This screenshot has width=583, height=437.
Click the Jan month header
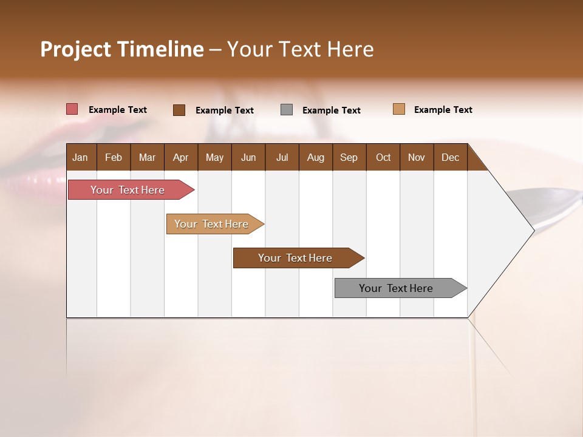80,157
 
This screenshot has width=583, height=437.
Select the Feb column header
114,157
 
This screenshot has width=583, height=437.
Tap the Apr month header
180,157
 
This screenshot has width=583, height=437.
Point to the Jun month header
248,157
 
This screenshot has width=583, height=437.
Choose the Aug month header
315,157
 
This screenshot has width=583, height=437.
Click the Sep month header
349,157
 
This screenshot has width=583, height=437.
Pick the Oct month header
383,157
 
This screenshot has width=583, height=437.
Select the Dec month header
450,157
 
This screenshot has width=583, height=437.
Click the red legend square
72,109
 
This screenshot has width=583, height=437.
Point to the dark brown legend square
179,110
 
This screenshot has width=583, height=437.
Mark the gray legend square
287,110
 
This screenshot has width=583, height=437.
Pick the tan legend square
398,109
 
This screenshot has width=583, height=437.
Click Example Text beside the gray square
331,110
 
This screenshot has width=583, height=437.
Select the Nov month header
416,157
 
